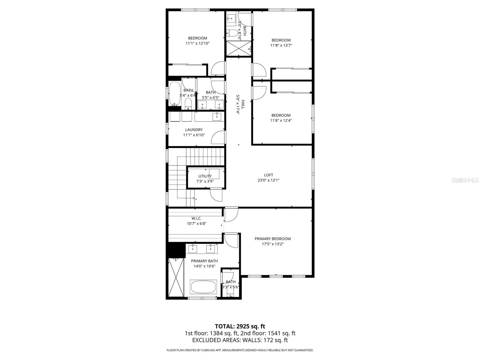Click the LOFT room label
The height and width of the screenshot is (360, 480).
click(268, 175)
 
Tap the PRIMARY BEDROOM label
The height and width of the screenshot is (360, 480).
click(272, 239)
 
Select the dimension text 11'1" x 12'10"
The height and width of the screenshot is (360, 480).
click(197, 43)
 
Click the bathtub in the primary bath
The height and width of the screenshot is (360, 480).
click(203, 287)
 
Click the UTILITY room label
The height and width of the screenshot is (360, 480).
click(205, 176)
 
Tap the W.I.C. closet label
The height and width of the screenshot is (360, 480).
click(196, 218)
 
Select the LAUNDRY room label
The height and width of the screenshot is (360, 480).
click(194, 130)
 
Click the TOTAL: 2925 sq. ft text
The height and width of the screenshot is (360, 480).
click(240, 326)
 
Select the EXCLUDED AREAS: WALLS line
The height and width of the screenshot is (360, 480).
click(240, 340)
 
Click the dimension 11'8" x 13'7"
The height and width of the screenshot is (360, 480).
click(281, 46)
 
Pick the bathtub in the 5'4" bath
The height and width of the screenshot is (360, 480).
click(174, 94)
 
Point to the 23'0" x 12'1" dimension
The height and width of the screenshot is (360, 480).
click(268, 180)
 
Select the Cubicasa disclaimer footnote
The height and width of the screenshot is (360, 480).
click(240, 350)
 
